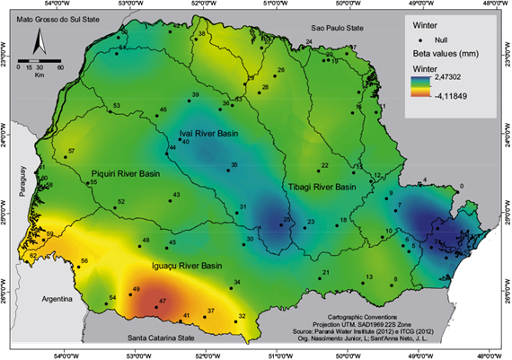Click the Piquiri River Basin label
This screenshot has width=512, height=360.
pos(126,173)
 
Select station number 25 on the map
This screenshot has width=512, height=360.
pos(286,222)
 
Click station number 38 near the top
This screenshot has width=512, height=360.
pos(201,35)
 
